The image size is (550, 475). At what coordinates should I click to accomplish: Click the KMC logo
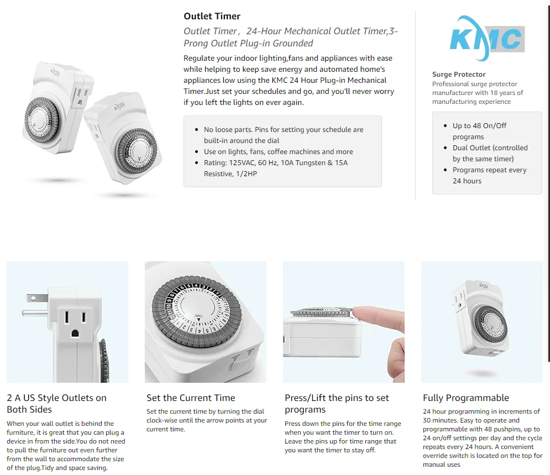click(x=487, y=38)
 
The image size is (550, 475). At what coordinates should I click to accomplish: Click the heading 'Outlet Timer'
click(x=212, y=16)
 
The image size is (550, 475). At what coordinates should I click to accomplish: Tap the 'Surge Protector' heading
click(x=459, y=75)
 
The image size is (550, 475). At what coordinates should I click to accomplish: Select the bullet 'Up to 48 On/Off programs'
click(x=479, y=131)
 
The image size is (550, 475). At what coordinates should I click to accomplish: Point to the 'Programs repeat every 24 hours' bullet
click(x=489, y=175)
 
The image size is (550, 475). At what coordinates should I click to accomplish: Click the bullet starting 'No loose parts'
click(x=284, y=135)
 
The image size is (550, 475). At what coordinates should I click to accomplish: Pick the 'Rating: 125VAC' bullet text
click(x=276, y=168)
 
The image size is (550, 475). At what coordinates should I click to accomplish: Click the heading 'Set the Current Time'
click(x=191, y=398)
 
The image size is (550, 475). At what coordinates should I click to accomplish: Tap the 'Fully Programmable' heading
click(x=466, y=398)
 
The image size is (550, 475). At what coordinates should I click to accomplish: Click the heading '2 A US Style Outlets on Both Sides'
click(x=56, y=404)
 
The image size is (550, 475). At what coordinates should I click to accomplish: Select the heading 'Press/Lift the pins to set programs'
click(x=337, y=404)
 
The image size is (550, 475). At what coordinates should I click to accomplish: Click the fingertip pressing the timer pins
click(x=362, y=314)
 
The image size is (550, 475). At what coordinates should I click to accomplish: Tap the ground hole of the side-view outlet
click(x=75, y=334)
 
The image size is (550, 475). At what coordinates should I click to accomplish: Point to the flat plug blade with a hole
click(x=36, y=298)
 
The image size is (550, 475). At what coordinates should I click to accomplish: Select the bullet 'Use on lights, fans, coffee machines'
click(x=279, y=151)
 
